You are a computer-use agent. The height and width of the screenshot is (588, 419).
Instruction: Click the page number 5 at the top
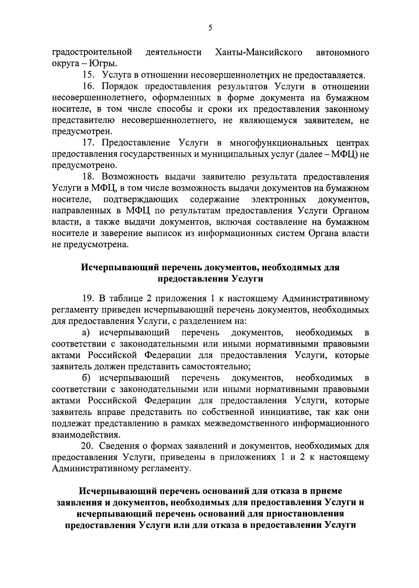pos(210,28)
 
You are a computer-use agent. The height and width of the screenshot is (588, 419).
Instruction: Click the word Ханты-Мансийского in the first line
pos(259,53)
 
